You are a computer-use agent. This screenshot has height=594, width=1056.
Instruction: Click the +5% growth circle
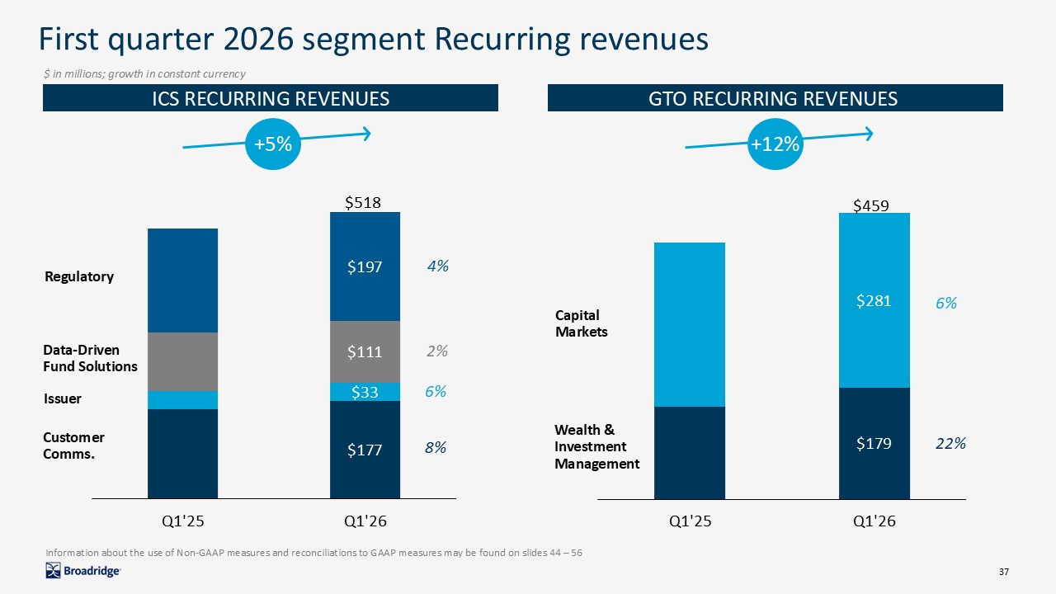pos(273,144)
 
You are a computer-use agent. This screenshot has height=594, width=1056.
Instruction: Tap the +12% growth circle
pos(775,144)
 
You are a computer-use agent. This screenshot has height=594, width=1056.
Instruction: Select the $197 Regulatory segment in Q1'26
pos(365,266)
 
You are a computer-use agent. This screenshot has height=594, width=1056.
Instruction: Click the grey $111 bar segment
pos(365,351)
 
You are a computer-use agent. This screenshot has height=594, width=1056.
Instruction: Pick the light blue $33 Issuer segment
pos(365,392)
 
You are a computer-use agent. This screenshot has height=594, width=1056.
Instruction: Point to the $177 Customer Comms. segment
pos(365,450)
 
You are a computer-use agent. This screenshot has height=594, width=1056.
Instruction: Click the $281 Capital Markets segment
pos(874,300)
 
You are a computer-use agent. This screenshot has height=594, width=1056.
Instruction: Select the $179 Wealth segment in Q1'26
pos(874,443)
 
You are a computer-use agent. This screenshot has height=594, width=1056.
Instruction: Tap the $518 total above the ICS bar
pos(362,202)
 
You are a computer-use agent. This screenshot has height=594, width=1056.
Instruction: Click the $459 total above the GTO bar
pos(870,205)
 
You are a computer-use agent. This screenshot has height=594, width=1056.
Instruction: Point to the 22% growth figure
pos(950,443)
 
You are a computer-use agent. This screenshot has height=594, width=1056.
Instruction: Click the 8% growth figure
pos(436,448)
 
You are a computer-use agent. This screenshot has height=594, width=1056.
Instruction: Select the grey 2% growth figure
pos(437,351)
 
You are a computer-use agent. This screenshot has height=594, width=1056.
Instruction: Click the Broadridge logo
pos(82,570)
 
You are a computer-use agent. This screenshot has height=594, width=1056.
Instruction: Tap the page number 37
pos(1004,572)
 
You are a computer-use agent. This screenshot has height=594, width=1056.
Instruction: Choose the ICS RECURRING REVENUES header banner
pos(271,99)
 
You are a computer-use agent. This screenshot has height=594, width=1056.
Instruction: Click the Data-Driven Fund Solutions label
pos(89,358)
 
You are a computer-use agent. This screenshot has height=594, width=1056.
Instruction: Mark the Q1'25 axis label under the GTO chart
pos(689,521)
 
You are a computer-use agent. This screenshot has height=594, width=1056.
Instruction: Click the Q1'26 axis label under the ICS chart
pos(365,521)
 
